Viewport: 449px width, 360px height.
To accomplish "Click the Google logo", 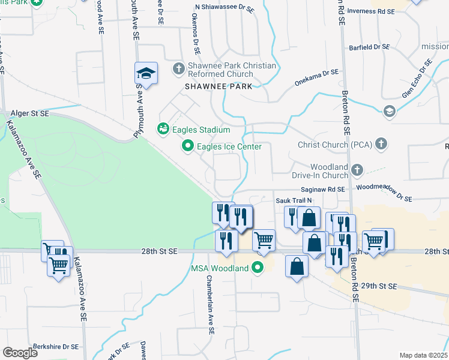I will point(20,353).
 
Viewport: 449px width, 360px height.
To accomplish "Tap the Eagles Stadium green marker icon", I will point(163,129).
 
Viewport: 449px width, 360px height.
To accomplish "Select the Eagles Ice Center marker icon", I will point(188,146).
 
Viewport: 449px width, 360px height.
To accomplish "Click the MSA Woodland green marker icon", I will point(259,268).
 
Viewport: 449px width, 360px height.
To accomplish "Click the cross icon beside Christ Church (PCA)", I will point(381,144).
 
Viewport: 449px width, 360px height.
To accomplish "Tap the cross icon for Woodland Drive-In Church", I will point(357,170).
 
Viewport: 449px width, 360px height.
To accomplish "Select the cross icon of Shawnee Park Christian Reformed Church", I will point(178,69).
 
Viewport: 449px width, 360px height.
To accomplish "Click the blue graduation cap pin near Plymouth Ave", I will point(146,74).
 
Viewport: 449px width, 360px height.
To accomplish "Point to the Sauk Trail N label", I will point(294,200).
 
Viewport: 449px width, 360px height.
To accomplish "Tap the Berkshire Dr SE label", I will point(52,346).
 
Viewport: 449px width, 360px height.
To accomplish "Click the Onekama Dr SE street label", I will point(316,79).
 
